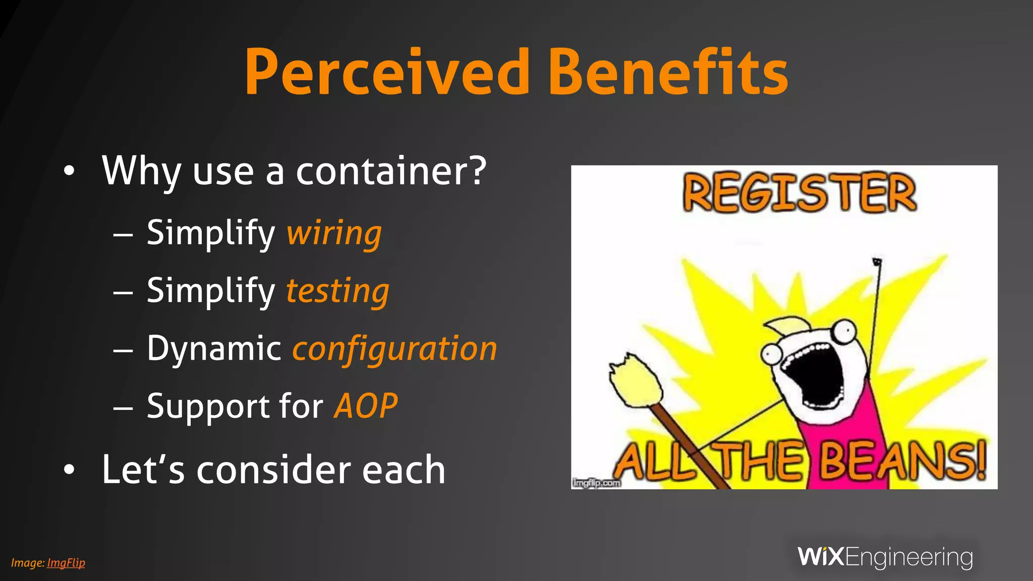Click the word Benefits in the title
(x=668, y=72)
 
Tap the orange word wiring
(x=334, y=233)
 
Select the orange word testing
(x=338, y=291)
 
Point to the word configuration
(x=395, y=349)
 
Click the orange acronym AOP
(x=366, y=406)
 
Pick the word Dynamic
(x=214, y=349)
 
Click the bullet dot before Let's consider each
(x=69, y=470)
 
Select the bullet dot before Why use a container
(x=69, y=171)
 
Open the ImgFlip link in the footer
(x=66, y=563)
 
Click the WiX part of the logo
(x=821, y=557)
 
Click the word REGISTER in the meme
(x=799, y=194)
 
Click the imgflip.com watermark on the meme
(x=596, y=483)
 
